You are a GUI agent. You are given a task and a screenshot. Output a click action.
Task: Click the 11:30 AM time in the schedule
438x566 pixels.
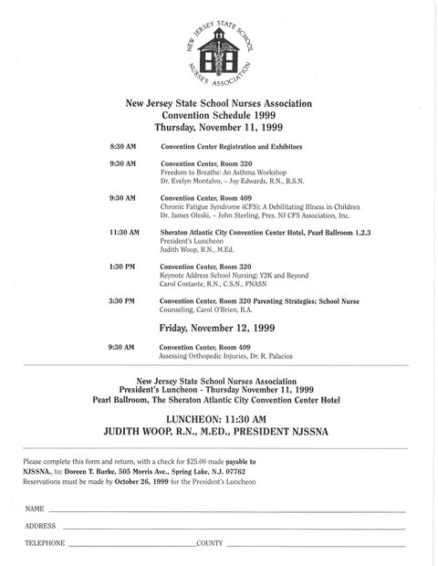pyautogui.click(x=124, y=233)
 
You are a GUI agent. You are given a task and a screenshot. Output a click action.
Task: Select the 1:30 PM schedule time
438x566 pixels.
pyautogui.click(x=122, y=267)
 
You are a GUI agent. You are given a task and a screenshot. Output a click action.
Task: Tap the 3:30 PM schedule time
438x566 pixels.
pyautogui.click(x=122, y=300)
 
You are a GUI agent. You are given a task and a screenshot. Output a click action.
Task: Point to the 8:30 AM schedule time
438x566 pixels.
pyautogui.click(x=122, y=146)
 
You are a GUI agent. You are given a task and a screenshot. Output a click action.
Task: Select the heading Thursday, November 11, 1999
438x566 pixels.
pyautogui.click(x=218, y=128)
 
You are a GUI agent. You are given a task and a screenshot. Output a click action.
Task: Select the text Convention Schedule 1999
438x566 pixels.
pyautogui.click(x=218, y=116)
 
